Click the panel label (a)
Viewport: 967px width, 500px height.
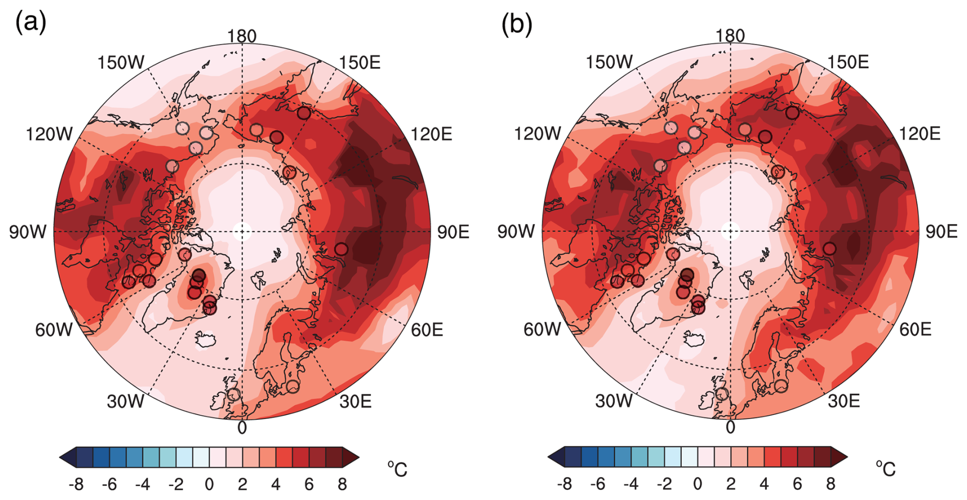click(x=31, y=23)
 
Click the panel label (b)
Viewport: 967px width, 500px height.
click(x=517, y=23)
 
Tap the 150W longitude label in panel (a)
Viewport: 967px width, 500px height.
click(x=121, y=63)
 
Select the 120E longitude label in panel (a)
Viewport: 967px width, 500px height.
click(x=431, y=134)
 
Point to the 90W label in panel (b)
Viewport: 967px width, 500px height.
click(x=516, y=231)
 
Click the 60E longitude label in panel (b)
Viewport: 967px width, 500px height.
click(x=915, y=329)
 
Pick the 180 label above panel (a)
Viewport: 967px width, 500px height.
click(x=242, y=36)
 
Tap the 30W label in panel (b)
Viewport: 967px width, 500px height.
click(x=613, y=401)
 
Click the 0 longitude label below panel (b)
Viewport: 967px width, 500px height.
click(x=730, y=427)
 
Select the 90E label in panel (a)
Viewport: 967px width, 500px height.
click(x=453, y=232)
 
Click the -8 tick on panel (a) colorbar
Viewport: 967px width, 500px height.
click(x=76, y=483)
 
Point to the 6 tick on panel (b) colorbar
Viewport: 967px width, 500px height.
click(x=797, y=483)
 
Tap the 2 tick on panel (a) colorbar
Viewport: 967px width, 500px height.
click(x=242, y=483)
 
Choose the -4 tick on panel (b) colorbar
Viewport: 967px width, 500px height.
click(x=631, y=483)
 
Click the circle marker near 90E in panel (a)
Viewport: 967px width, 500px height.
click(x=341, y=249)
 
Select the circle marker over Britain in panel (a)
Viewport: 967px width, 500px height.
click(x=234, y=394)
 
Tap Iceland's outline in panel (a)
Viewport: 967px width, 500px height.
click(x=205, y=339)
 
